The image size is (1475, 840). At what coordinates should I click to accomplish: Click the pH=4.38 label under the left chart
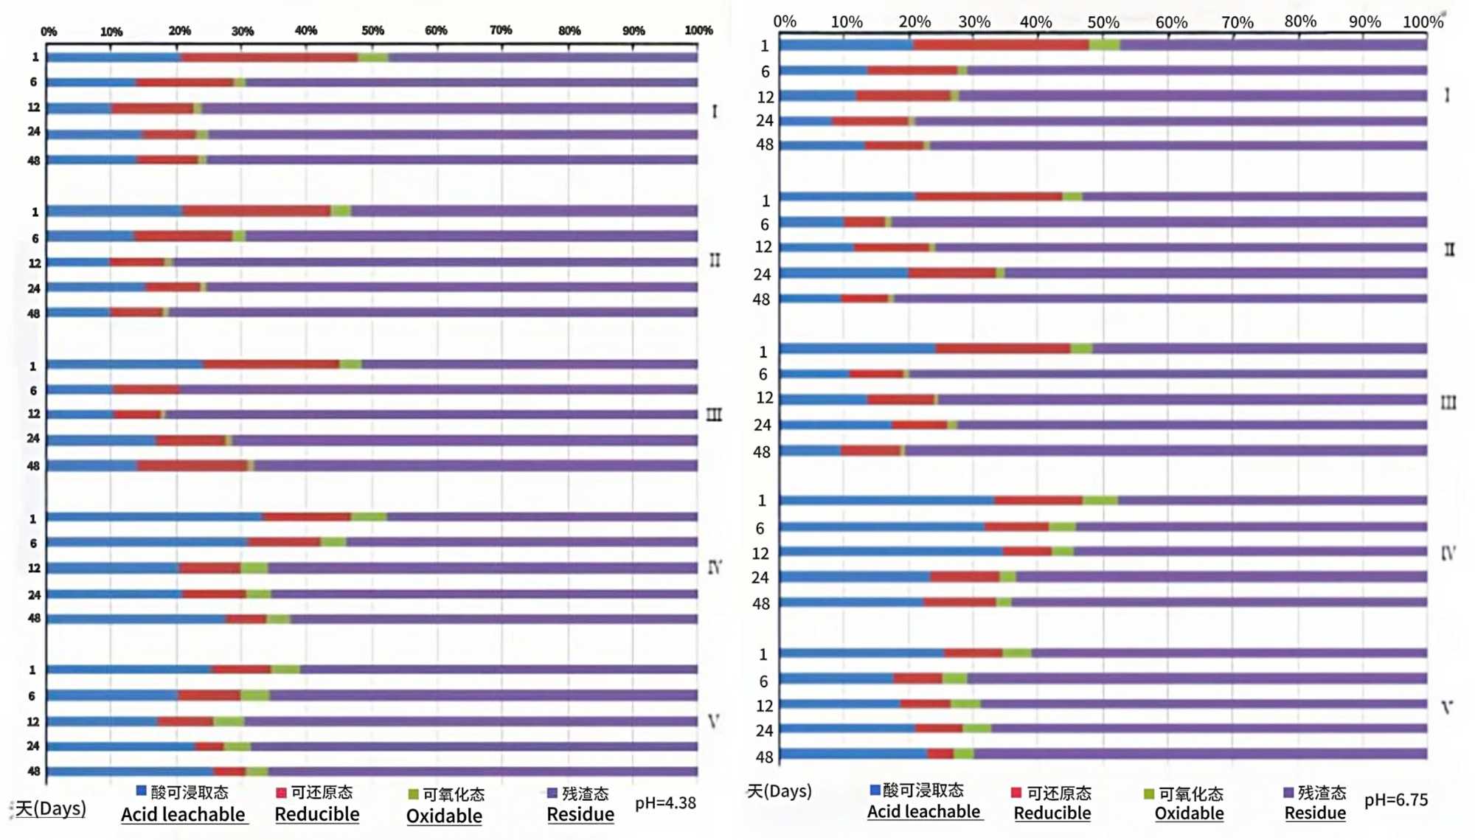click(665, 802)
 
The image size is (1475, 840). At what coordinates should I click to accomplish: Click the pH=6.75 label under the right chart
click(1396, 799)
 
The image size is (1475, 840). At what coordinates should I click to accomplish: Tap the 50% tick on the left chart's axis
click(372, 30)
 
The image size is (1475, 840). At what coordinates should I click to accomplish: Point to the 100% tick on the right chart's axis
click(1423, 22)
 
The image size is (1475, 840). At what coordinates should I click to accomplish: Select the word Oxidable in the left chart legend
click(444, 816)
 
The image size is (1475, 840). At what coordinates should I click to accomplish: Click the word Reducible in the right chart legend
click(1052, 813)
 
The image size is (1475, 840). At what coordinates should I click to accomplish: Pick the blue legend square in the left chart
click(141, 791)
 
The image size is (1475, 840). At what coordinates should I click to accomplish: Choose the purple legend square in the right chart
click(1288, 793)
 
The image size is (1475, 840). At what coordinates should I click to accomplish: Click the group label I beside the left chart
click(714, 111)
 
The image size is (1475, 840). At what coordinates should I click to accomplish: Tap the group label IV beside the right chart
click(1448, 553)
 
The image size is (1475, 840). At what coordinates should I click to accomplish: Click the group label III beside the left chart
click(714, 415)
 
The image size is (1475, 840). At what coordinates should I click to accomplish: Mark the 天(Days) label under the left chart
click(50, 808)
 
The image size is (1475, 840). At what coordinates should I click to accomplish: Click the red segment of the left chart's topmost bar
click(269, 58)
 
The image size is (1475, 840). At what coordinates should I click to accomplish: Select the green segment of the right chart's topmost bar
click(1104, 45)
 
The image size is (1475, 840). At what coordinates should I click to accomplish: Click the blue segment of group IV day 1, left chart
click(155, 517)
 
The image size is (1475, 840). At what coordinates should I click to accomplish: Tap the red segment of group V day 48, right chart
click(940, 754)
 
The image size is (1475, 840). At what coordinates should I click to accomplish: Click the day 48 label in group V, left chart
click(33, 771)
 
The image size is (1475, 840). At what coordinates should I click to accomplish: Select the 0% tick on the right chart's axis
click(784, 22)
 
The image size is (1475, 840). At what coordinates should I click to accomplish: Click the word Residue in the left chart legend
click(580, 814)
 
